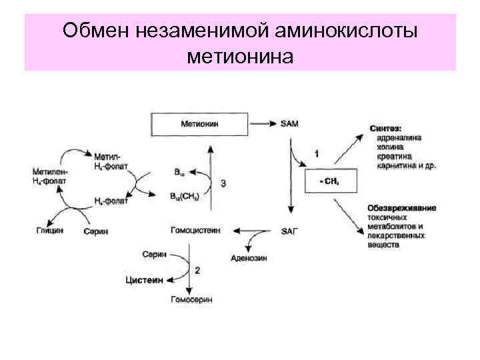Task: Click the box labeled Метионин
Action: tap(201, 123)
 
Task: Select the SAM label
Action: tap(289, 123)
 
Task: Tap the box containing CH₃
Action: tap(330, 181)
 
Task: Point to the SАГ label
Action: tap(291, 231)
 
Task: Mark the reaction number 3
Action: tap(223, 183)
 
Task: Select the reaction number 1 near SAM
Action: tap(316, 154)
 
